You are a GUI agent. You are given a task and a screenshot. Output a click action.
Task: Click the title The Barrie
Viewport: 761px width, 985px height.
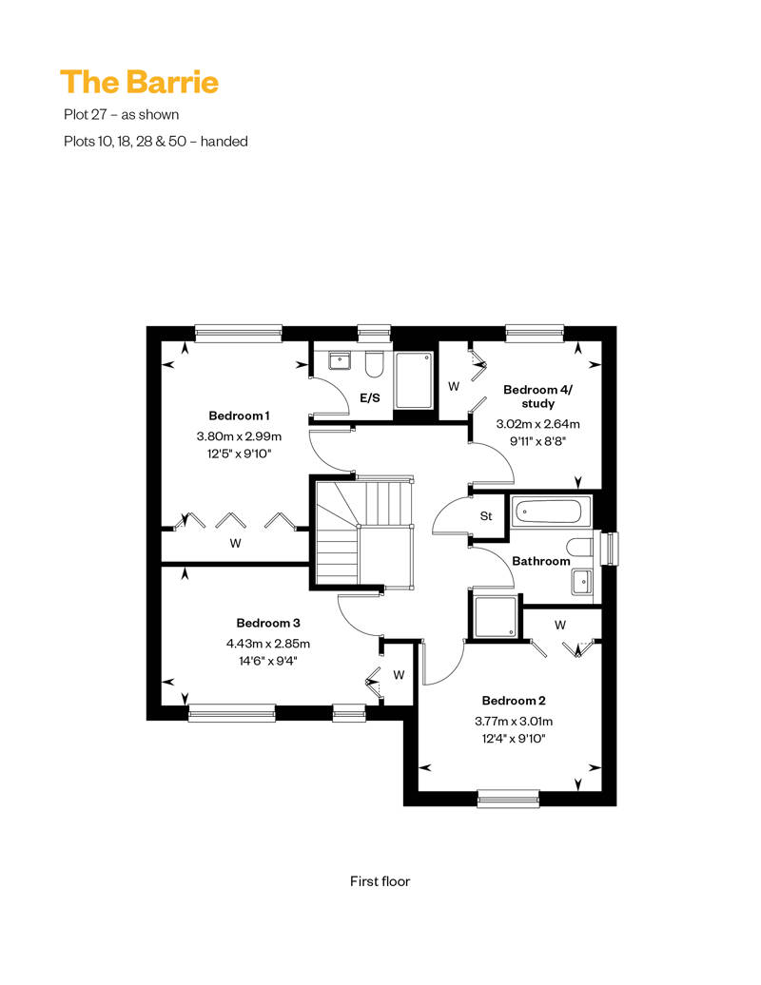[x=140, y=83]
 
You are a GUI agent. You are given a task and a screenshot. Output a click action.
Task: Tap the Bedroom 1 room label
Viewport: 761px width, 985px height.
[x=239, y=415]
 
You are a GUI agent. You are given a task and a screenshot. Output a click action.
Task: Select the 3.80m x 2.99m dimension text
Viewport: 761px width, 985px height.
[x=239, y=436]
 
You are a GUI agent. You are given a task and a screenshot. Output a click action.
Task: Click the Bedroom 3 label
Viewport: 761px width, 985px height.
[x=268, y=623]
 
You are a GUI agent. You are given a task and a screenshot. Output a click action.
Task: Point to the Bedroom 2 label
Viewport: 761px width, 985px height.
[x=514, y=701]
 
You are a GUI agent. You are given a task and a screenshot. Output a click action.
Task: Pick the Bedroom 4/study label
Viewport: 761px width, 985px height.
[x=537, y=396]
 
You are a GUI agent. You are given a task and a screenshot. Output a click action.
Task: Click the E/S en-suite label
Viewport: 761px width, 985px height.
[x=370, y=397]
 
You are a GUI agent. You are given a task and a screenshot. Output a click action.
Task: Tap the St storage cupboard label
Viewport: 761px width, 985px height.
[x=486, y=516]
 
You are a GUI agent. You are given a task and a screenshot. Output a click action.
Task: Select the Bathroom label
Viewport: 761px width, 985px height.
[x=541, y=561]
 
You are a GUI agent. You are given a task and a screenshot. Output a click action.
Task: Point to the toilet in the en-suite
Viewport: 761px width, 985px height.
[x=374, y=364]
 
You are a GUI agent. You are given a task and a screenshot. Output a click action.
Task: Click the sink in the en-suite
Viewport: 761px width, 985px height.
[x=340, y=360]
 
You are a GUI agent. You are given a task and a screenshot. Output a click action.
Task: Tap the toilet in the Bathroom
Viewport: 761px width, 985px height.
[x=579, y=547]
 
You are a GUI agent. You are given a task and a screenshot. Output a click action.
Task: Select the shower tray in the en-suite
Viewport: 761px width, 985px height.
[x=414, y=380]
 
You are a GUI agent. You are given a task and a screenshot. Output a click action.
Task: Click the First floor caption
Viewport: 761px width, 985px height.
[x=380, y=881]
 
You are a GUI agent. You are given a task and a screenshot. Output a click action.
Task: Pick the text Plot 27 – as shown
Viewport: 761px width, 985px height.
[x=121, y=114]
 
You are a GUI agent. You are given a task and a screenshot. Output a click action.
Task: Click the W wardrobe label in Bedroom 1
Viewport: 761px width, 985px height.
[x=235, y=543]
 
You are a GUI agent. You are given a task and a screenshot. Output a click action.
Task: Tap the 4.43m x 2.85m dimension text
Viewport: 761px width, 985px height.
[x=268, y=644]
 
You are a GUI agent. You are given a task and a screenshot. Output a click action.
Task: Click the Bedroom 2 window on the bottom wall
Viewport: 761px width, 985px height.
[x=508, y=798]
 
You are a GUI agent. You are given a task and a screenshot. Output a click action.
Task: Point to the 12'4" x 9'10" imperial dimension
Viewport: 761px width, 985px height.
[x=514, y=739]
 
